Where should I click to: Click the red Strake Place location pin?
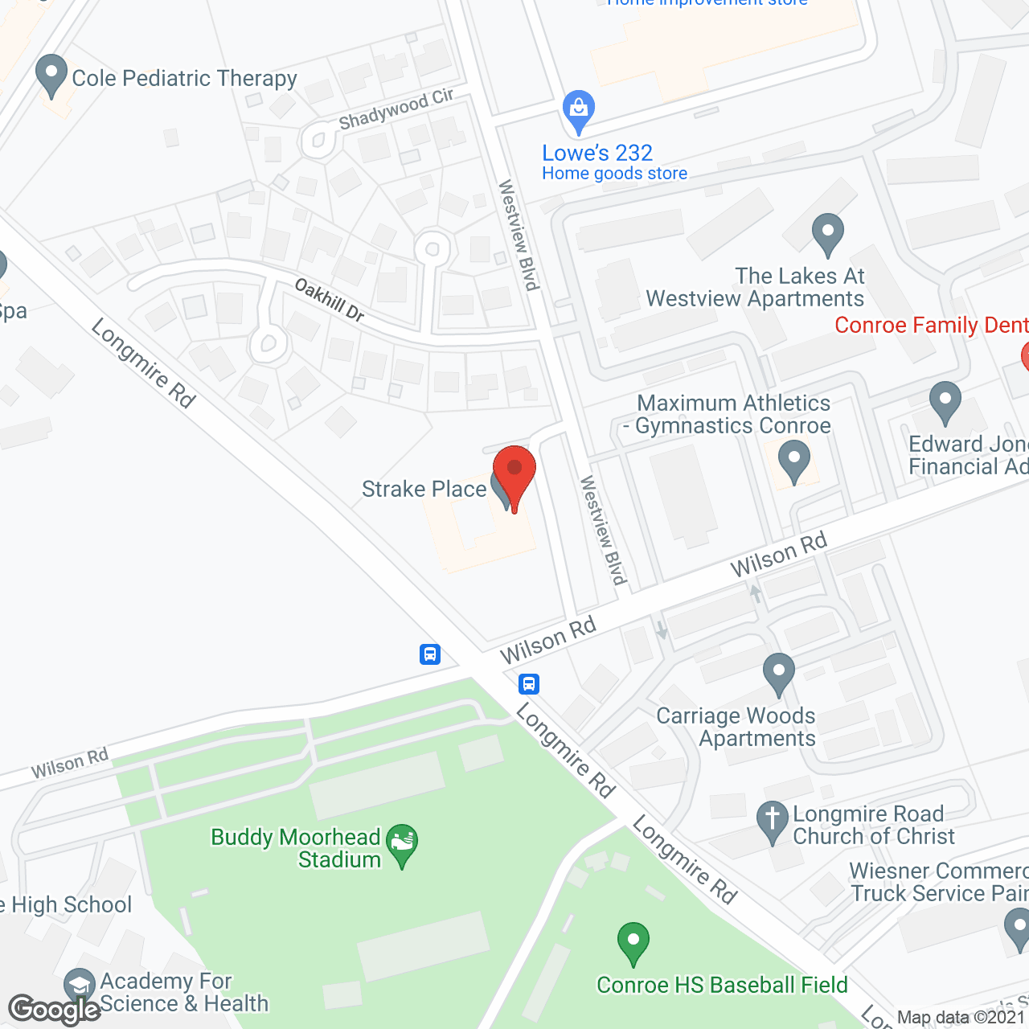pos(514,473)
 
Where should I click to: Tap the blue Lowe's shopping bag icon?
pos(579,109)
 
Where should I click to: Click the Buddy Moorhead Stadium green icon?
pos(402,843)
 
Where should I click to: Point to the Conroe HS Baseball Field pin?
pos(633,941)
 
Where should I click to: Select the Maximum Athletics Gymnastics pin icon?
pos(794,460)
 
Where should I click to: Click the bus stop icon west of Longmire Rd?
pos(430,654)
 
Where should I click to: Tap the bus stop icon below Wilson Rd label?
pos(529,684)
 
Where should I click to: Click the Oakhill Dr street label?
pos(330,299)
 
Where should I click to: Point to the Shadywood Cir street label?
pos(396,109)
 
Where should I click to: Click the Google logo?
pos(54,1010)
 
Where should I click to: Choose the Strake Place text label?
pos(424,489)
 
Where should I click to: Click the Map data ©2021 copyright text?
pos(961,1018)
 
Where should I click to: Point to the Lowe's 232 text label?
pos(597,153)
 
